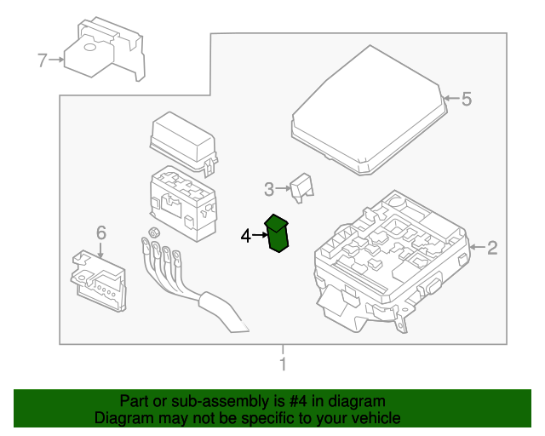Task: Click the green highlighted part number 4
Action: [278, 234]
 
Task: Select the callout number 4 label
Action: [246, 236]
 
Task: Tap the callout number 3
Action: [268, 189]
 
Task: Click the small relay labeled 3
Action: [301, 187]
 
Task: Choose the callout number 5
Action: [466, 100]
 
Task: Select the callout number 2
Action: [491, 249]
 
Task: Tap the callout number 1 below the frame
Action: [283, 365]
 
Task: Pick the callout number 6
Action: [100, 232]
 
